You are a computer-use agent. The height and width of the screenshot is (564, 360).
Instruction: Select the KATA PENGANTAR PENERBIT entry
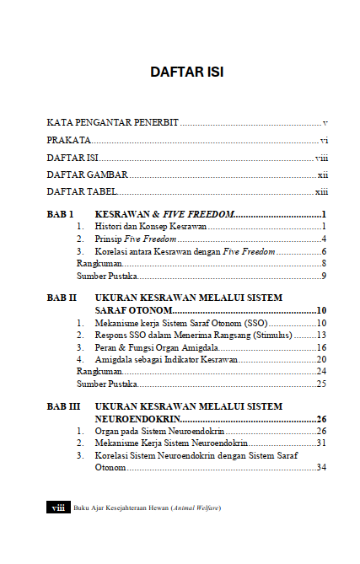point(112,122)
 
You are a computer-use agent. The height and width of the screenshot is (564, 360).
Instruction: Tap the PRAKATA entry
point(68,140)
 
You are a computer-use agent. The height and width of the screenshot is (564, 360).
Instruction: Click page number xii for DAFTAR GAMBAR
point(322,175)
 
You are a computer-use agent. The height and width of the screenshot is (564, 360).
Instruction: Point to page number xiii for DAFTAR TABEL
point(321,192)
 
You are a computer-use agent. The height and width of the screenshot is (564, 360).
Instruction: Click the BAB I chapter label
point(61,214)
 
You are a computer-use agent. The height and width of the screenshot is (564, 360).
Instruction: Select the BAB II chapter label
point(62,298)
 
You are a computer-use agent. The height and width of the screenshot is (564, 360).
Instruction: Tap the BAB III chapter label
point(64,406)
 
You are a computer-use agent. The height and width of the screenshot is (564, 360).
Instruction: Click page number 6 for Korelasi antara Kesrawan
point(324,251)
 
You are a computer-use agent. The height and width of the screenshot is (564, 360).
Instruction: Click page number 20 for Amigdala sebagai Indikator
point(321,359)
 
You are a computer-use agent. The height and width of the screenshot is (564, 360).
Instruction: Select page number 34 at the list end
point(321,467)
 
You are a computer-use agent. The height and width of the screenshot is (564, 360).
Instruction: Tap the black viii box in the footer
point(58,508)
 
